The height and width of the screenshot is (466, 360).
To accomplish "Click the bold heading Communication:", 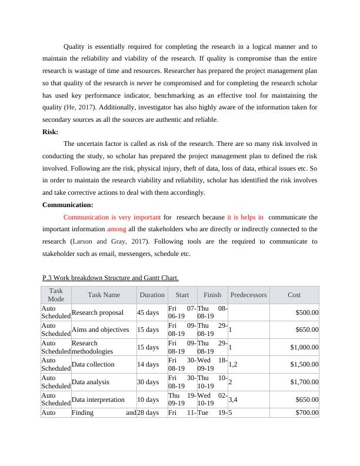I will pos(68,205).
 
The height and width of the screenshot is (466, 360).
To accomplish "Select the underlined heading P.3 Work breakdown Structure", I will pos(111,278).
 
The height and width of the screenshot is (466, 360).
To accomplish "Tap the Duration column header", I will pos(152,295).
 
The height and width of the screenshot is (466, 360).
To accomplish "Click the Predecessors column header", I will pos(248,295).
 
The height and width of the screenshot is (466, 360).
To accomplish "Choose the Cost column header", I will pos(294,295).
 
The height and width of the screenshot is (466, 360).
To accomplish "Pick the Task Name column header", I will pos(104,295).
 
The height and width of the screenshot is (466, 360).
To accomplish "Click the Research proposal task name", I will pos(98,313).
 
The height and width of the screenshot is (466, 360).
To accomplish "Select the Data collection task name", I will pos(93,365).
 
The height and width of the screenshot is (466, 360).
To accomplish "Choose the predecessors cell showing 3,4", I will pos(233,400).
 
